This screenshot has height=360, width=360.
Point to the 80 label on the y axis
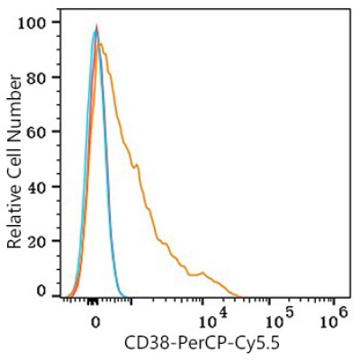(40, 77)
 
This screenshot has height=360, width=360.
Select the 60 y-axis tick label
(40, 132)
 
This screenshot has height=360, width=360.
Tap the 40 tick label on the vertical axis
(40, 186)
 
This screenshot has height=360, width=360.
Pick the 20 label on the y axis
(40, 241)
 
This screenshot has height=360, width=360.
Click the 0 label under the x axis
(95, 322)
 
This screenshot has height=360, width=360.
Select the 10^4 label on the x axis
(211, 319)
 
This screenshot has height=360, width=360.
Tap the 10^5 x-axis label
(279, 319)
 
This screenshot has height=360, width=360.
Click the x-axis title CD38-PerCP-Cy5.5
(202, 344)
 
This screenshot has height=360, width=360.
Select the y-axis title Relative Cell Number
(14, 162)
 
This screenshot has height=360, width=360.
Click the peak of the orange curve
(101, 44)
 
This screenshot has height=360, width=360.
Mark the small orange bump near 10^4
(202, 273)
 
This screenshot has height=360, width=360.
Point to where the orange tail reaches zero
(240, 296)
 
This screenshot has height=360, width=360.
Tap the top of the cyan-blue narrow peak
(95, 30)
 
